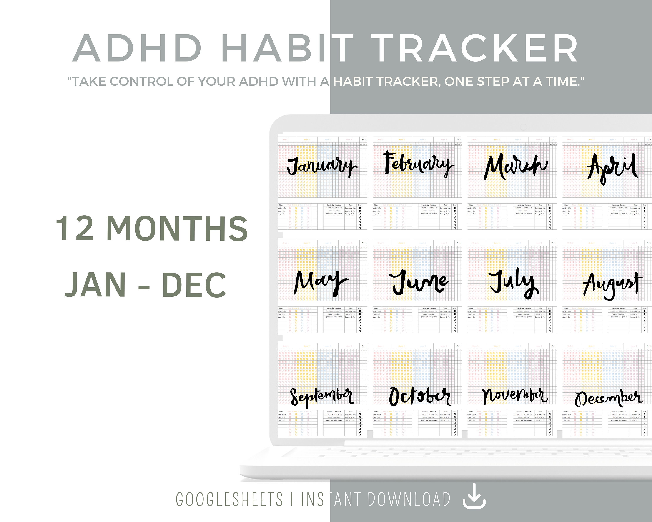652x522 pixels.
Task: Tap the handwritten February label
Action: coord(419,165)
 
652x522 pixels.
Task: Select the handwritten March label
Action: coord(516,166)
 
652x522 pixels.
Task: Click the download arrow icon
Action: coord(474,499)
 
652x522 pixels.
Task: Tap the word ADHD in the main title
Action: coord(138,49)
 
